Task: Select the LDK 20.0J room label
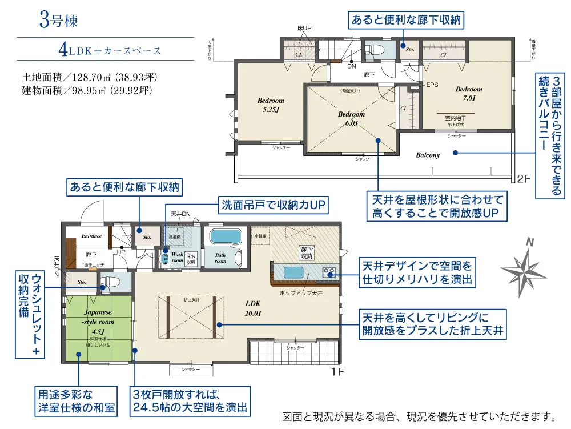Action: pyautogui.click(x=253, y=309)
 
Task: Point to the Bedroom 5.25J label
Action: pyautogui.click(x=270, y=104)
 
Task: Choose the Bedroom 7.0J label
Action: pyautogui.click(x=468, y=94)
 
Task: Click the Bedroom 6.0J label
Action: pyautogui.click(x=351, y=118)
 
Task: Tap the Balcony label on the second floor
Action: pyautogui.click(x=427, y=155)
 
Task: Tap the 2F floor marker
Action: pyautogui.click(x=524, y=178)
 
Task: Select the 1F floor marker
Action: pyautogui.click(x=337, y=370)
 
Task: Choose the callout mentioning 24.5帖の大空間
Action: pyautogui.click(x=191, y=400)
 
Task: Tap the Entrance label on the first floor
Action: pyautogui.click(x=91, y=236)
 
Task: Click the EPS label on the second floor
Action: pyautogui.click(x=432, y=85)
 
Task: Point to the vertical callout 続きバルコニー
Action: pyautogui.click(x=549, y=135)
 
